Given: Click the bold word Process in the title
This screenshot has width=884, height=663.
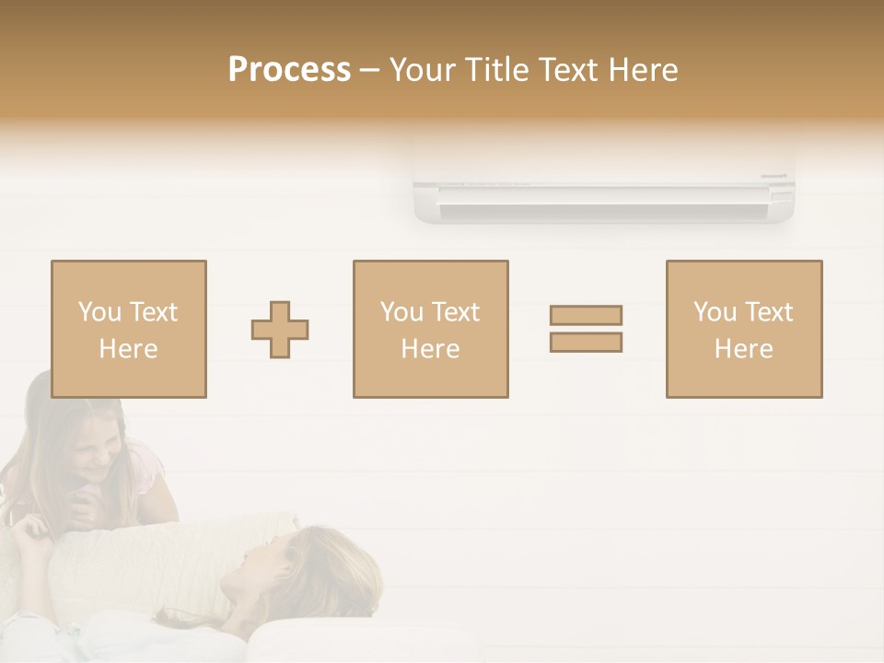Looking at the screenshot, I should point(289,70).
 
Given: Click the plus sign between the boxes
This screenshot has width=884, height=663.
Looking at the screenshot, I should point(280,330).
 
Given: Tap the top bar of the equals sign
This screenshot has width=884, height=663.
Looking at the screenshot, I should point(586,316).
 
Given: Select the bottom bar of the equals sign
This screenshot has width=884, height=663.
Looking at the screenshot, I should point(586,342).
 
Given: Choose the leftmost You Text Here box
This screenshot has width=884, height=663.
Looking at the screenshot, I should point(128,329).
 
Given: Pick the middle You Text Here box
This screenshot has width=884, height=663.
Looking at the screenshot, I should point(430,329).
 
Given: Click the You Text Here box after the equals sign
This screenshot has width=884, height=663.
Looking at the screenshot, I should point(743,329).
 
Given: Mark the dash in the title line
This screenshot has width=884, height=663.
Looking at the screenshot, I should point(370,71).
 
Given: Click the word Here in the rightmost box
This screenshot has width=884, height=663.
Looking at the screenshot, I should point(743,349).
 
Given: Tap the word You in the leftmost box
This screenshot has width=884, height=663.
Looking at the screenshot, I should point(99,312).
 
